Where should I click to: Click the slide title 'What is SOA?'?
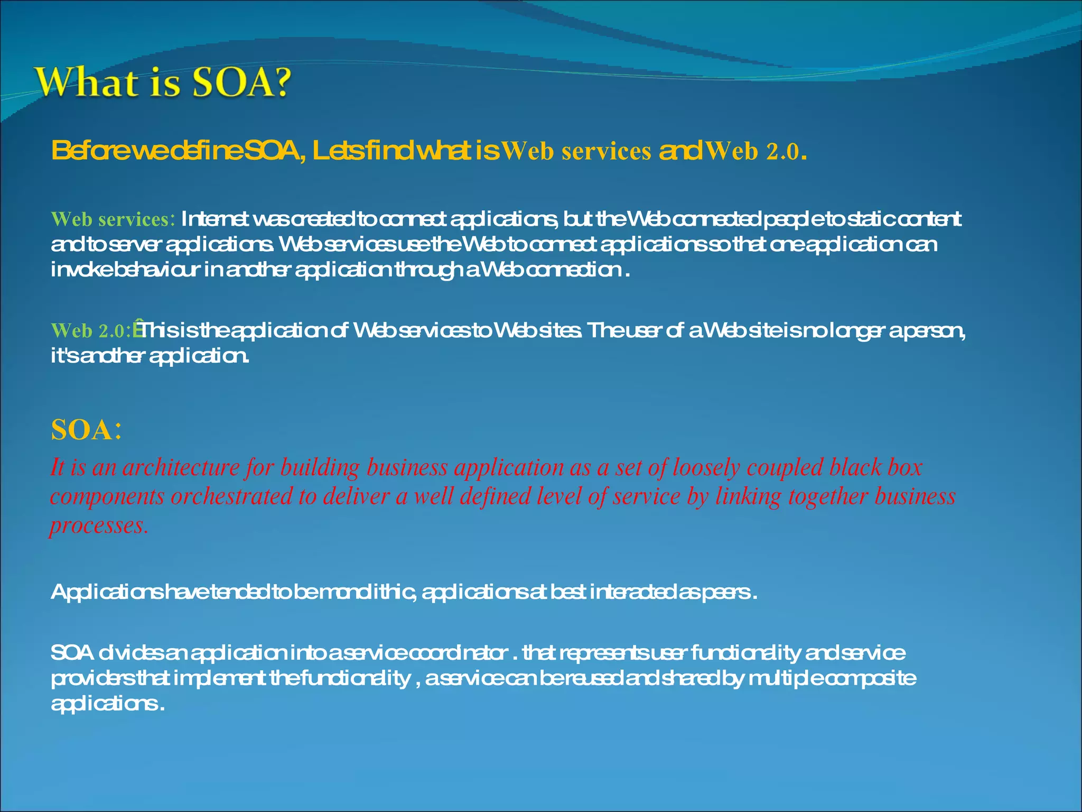click(163, 82)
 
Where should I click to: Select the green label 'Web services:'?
click(113, 219)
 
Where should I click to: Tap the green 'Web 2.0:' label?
click(90, 331)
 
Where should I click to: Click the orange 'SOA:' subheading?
click(87, 429)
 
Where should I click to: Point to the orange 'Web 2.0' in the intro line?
click(752, 152)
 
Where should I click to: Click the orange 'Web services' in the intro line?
click(576, 152)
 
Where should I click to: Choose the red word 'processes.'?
click(99, 525)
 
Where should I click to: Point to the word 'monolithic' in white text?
click(368, 592)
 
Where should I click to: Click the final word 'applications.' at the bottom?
click(107, 704)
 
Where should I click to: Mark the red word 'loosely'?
click(706, 467)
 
